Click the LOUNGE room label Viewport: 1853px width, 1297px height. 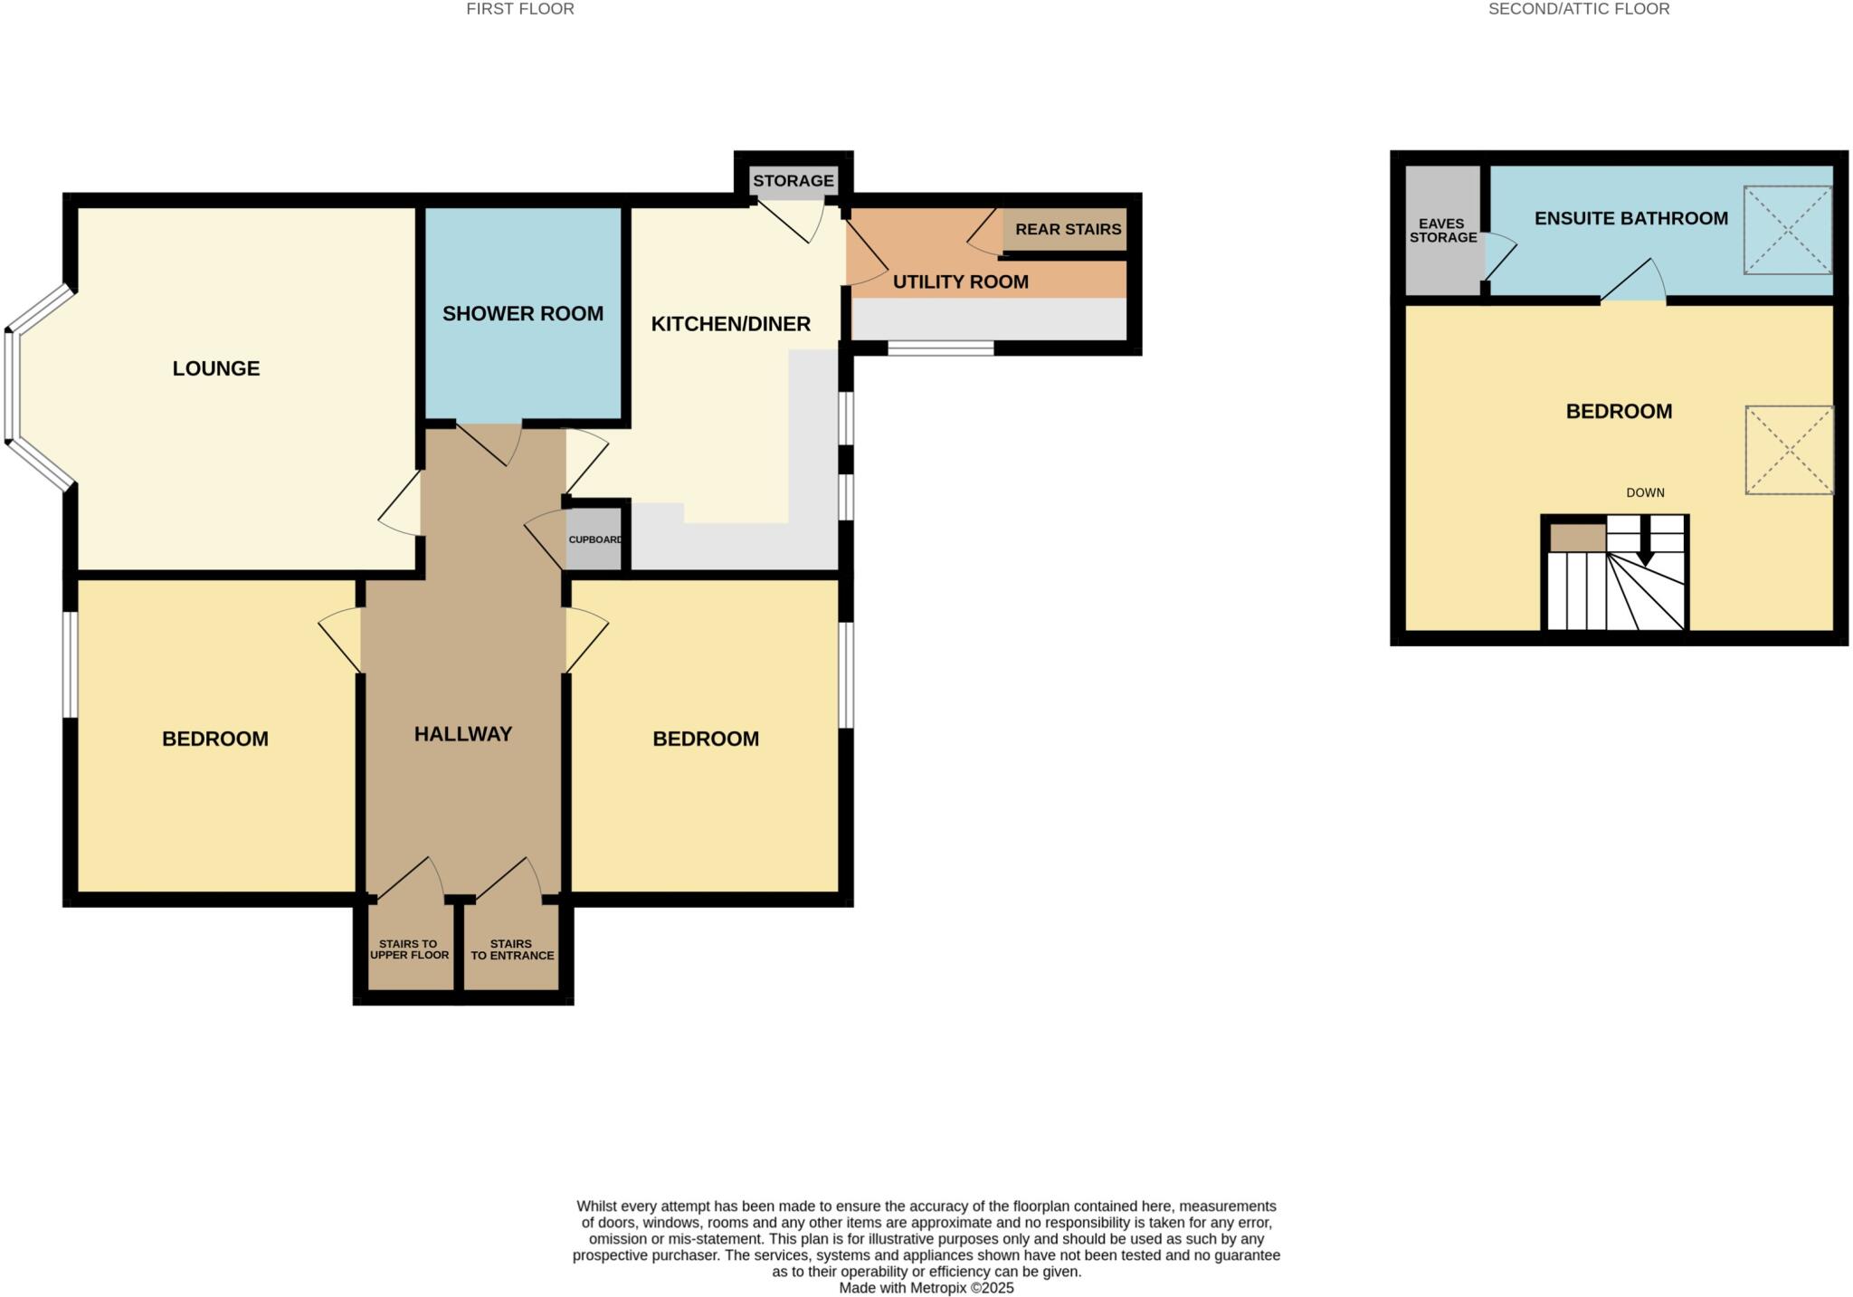pos(216,368)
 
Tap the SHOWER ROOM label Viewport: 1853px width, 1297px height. pos(522,314)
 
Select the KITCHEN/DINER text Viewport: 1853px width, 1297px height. pos(730,324)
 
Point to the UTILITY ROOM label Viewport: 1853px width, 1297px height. pos(960,281)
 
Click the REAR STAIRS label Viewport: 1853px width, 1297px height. pos(1068,229)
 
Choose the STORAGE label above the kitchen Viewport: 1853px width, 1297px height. pos(793,181)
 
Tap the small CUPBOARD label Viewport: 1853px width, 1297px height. pos(594,539)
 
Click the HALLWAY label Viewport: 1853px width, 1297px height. pos(463,734)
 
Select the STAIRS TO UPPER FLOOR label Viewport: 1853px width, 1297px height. pos(409,949)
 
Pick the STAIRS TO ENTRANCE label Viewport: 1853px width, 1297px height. pos(512,949)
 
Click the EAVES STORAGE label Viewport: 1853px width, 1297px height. pos(1442,231)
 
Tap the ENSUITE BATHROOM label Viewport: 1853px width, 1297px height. pos(1630,218)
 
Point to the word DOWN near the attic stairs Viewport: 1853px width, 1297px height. pos(1645,493)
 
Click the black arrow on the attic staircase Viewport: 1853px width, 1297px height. pos(1645,543)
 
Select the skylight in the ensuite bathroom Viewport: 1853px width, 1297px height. pos(1787,230)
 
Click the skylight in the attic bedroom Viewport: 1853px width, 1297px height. pos(1788,450)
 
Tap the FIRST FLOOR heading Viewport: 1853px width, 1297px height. pos(519,9)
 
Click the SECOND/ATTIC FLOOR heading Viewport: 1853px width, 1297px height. pos(1578,9)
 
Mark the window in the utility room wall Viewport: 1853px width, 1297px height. pos(940,348)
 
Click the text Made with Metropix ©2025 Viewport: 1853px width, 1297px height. pos(926,1288)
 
